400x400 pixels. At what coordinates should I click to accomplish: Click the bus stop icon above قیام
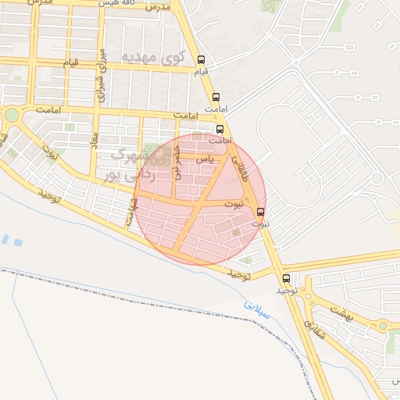click(x=202, y=59)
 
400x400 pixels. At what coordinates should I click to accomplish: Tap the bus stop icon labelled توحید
click(x=286, y=277)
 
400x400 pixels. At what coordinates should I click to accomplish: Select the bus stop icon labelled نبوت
click(x=260, y=212)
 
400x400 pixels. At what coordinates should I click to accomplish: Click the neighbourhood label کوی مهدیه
click(x=155, y=56)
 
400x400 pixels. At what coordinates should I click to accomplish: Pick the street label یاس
click(x=205, y=158)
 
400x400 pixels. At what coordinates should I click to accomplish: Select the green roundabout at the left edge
click(x=12, y=116)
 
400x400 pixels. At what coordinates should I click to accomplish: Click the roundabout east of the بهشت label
click(x=383, y=325)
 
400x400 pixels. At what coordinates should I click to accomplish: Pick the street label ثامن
click(x=130, y=209)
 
